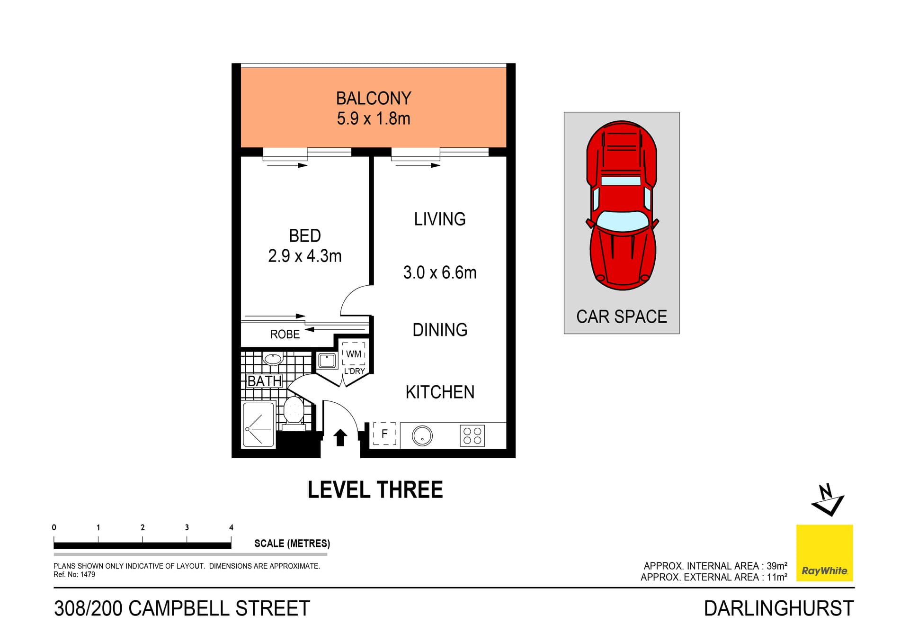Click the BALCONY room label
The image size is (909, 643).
(374, 98)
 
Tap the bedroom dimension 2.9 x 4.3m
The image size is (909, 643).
(304, 256)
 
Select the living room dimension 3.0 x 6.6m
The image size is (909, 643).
(439, 272)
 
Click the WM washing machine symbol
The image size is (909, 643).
(354, 354)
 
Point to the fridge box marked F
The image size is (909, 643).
(384, 434)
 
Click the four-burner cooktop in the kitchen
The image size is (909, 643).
(472, 436)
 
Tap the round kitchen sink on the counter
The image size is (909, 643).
(422, 436)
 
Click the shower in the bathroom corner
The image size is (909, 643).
(258, 425)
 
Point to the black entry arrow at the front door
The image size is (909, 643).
(340, 437)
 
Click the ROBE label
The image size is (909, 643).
(285, 334)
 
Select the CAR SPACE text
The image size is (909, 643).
(621, 317)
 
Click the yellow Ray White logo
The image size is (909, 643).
(824, 552)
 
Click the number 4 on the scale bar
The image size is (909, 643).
(231, 527)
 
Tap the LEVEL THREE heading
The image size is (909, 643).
(375, 489)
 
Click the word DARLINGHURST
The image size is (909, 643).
(778, 608)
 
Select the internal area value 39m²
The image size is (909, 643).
(777, 566)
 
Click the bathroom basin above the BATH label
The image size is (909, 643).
(273, 359)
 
